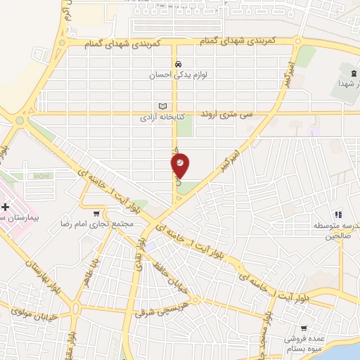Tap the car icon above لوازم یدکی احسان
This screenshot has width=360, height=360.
(x=181, y=61)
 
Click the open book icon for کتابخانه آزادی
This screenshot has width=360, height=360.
(x=162, y=105)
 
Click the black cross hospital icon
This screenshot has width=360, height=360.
(x=6, y=207)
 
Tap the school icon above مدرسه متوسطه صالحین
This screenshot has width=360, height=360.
(x=338, y=214)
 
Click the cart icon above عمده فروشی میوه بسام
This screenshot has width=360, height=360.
(x=304, y=328)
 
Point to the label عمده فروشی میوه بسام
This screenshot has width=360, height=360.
(x=304, y=343)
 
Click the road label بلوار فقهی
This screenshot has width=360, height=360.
(x=143, y=257)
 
